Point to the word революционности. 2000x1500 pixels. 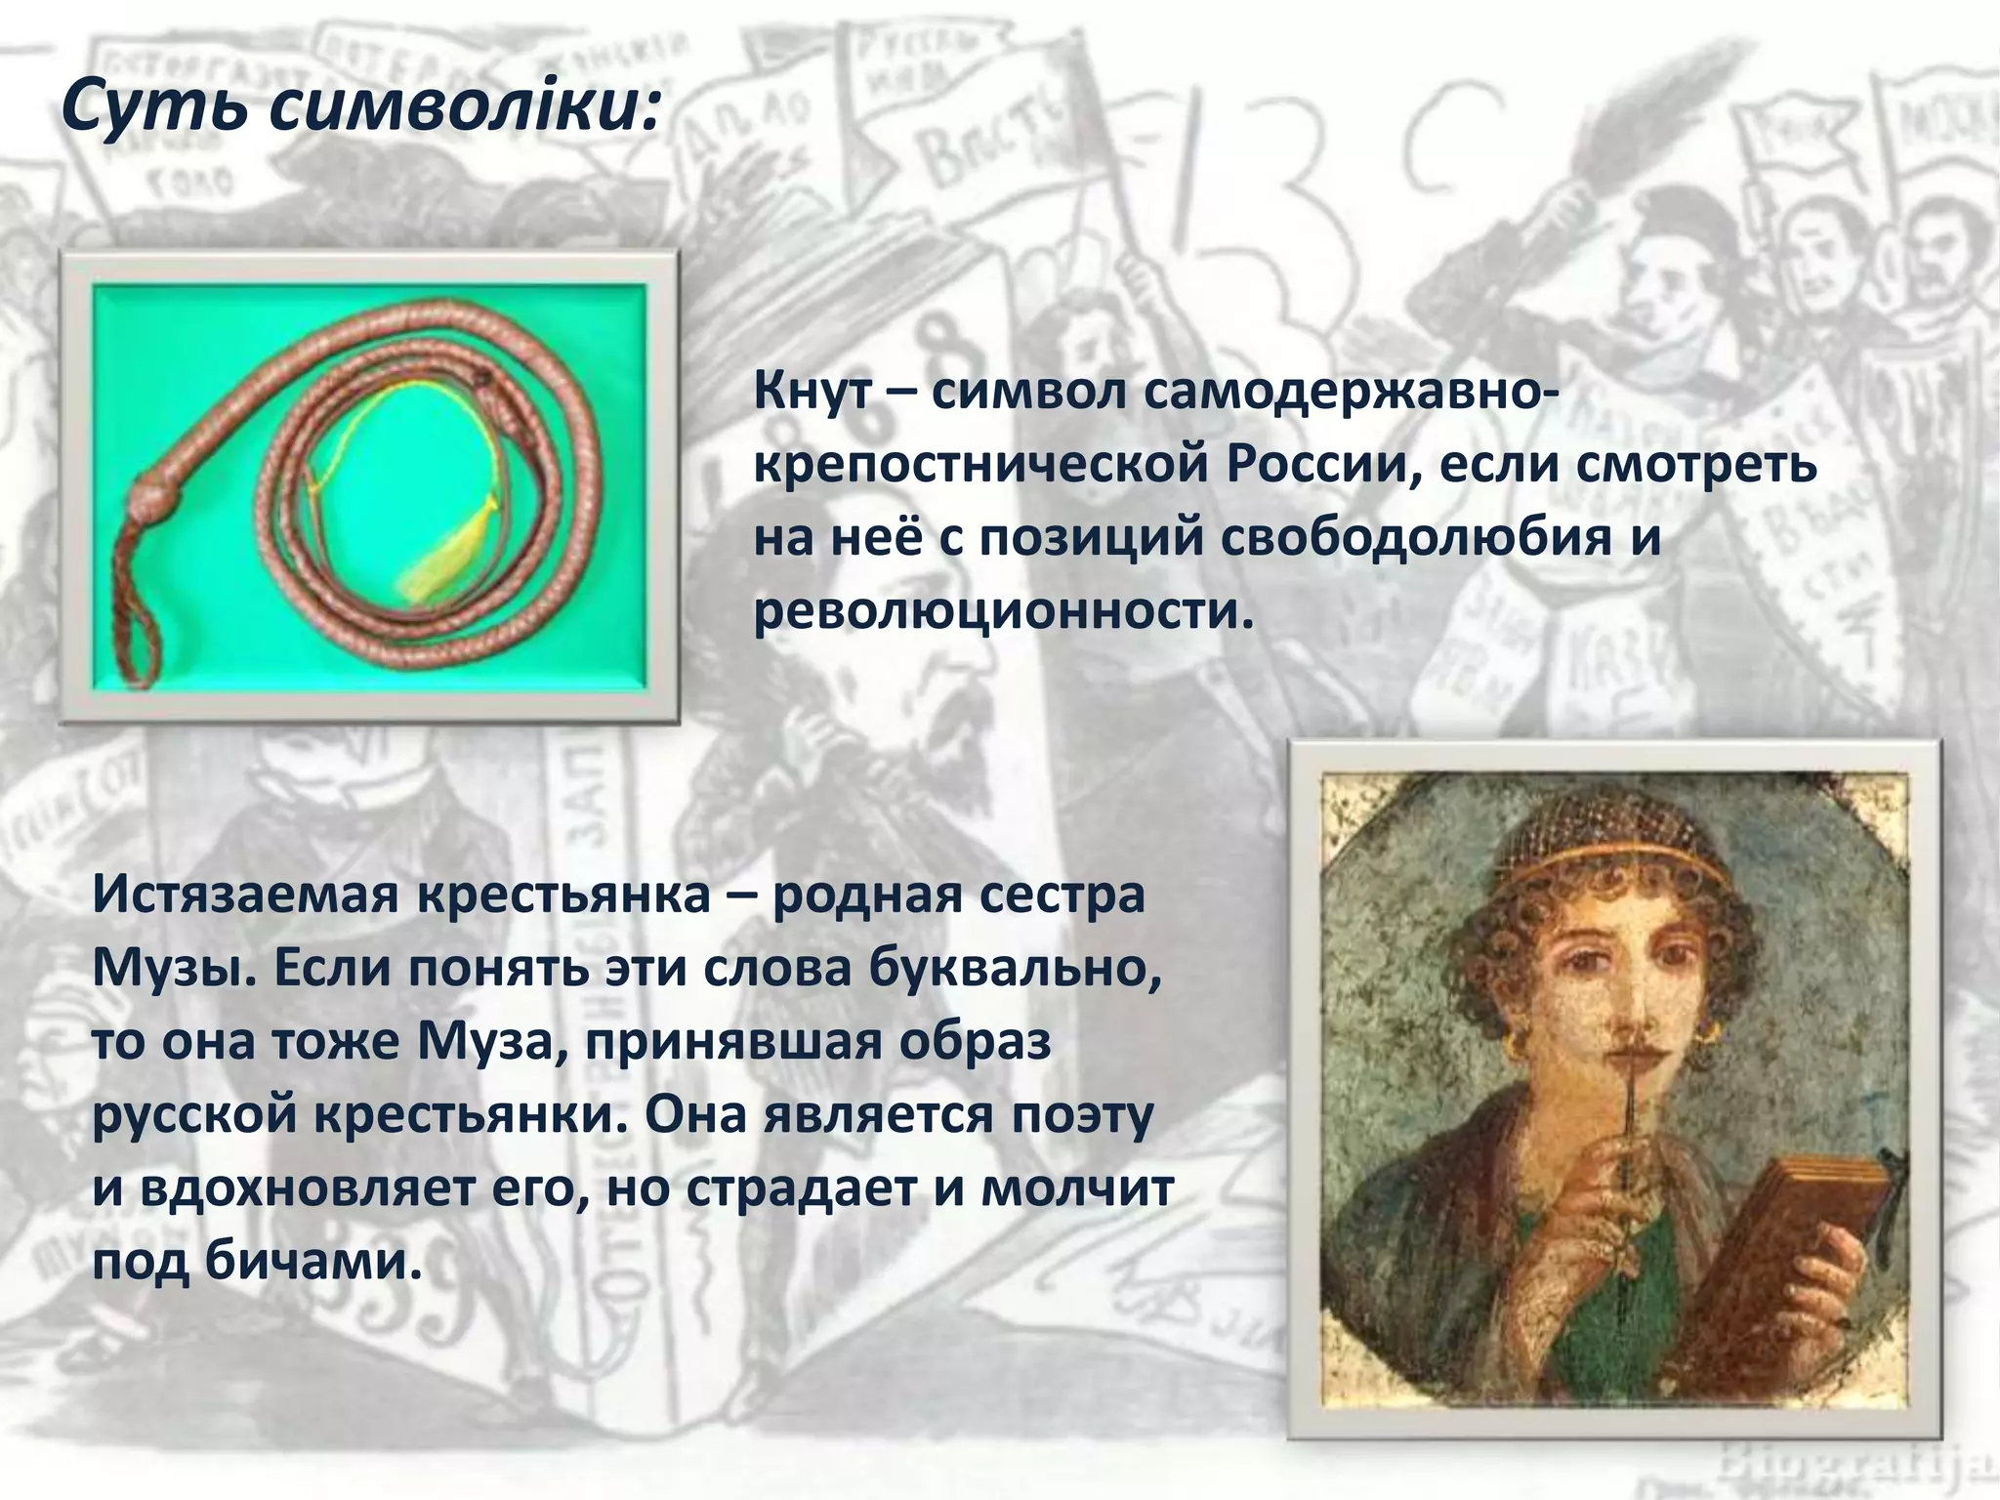[x=1001, y=611]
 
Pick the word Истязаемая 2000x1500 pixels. [x=245, y=895]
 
